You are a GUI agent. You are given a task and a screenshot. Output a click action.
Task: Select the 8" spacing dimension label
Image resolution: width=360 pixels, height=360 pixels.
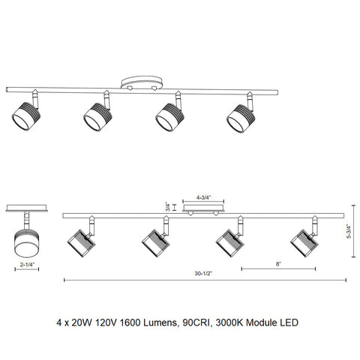[277, 265]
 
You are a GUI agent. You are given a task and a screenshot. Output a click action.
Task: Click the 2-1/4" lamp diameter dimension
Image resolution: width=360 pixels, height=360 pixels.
[26, 265]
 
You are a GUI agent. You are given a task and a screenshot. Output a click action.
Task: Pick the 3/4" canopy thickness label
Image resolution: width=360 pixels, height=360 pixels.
[167, 206]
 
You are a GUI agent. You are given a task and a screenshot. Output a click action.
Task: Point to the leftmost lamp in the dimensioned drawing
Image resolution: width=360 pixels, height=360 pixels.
[78, 242]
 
